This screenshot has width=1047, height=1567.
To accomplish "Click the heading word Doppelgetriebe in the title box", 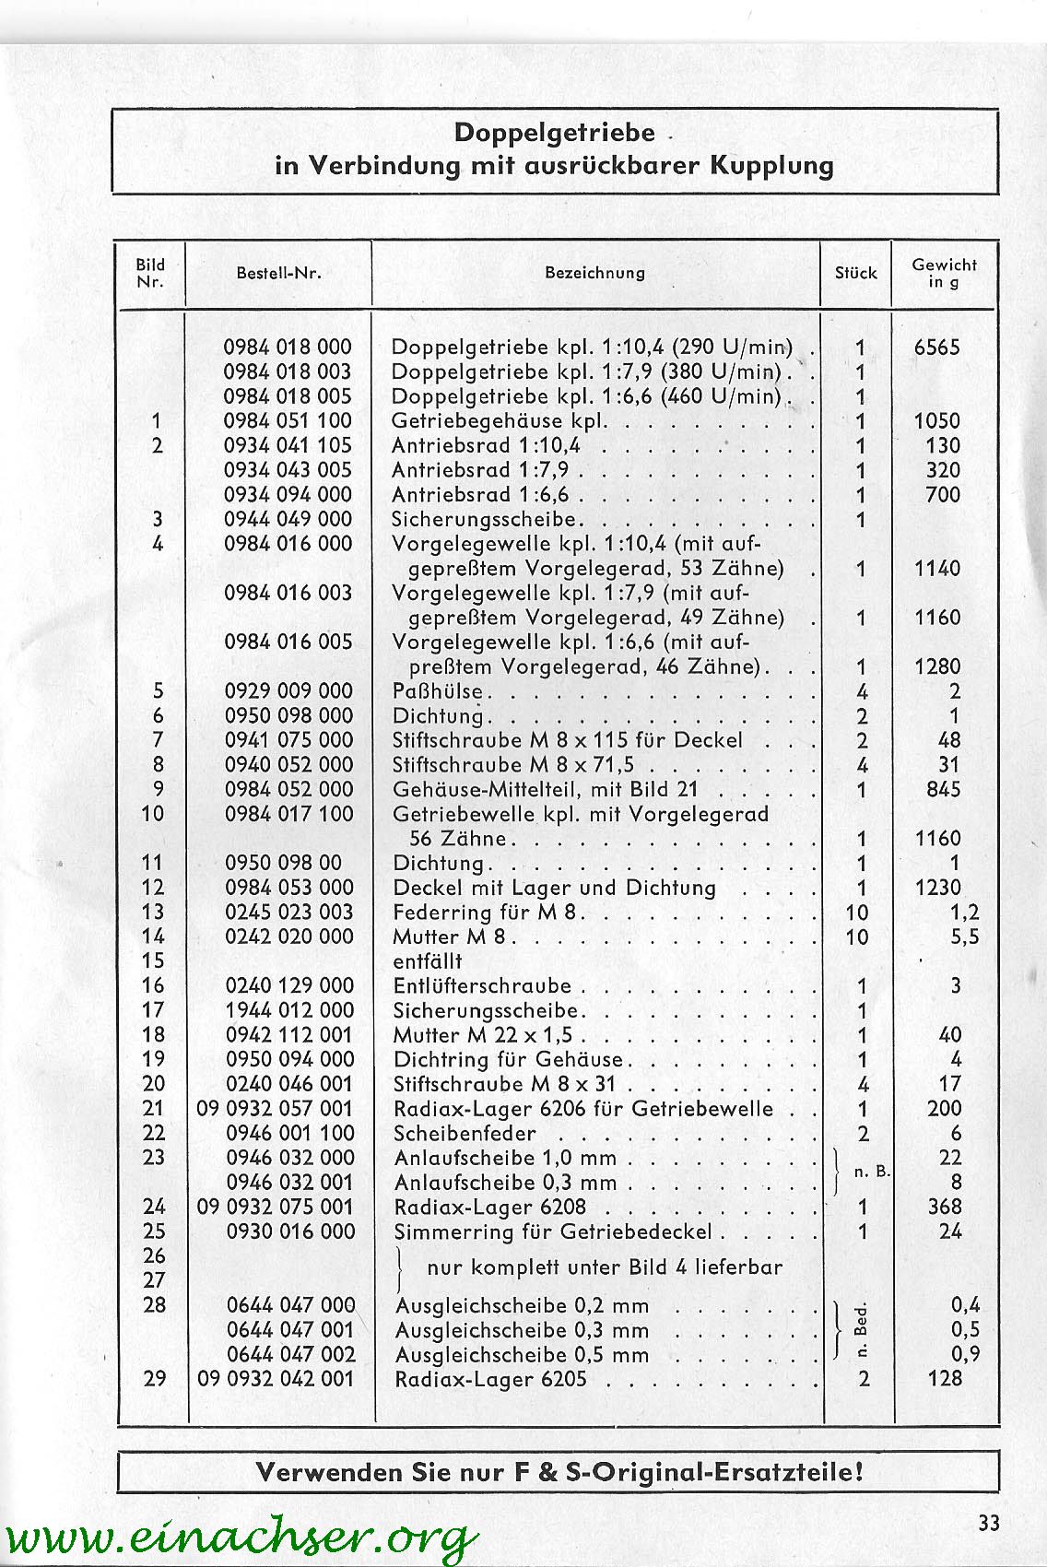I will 554,133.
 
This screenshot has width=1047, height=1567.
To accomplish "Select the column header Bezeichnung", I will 594,273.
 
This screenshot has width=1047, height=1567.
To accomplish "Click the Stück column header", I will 855,273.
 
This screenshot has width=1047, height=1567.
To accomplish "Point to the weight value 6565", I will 936,348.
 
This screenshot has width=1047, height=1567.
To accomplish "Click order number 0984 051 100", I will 288,421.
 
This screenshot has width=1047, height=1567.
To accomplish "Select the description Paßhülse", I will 438,691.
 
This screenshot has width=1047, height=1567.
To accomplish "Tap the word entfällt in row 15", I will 427,961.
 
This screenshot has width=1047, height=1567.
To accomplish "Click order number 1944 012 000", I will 289,1010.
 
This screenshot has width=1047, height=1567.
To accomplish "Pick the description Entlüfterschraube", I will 482,986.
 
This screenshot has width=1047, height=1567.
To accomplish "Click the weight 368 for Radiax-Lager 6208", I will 945,1207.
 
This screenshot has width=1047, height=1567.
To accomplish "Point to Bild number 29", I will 155,1379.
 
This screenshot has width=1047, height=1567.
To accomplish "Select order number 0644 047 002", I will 290,1355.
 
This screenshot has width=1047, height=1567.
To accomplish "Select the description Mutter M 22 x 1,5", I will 488,1035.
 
